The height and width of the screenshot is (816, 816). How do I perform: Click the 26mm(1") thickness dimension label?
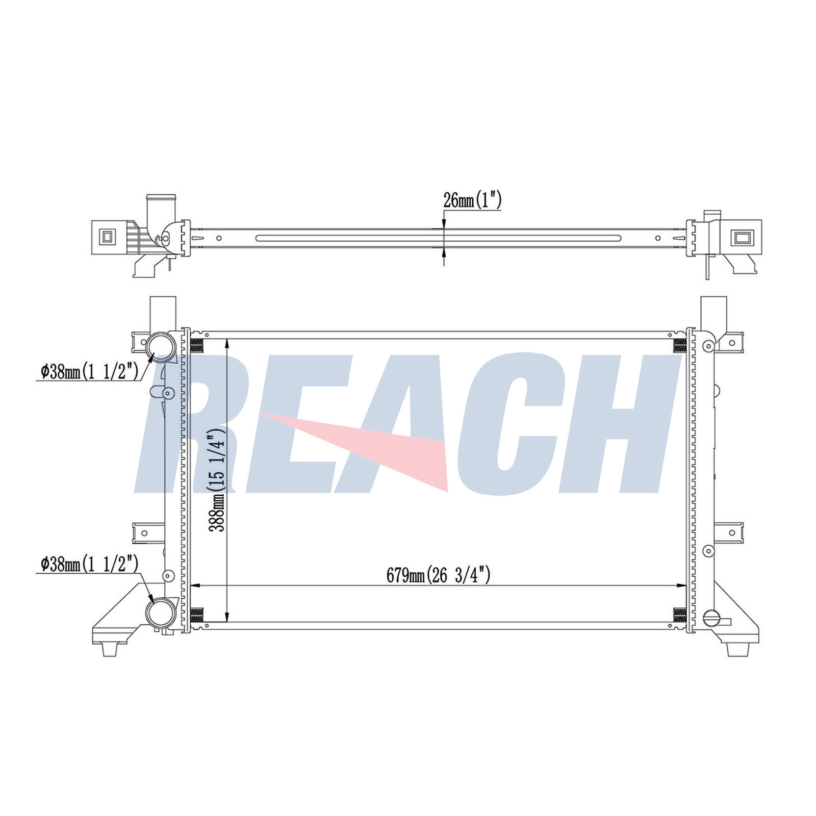472,200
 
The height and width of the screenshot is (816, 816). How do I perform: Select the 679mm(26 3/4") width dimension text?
438,575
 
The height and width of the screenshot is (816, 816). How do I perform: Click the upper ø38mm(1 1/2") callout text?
90,372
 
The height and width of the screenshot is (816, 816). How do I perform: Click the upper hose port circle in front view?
161,345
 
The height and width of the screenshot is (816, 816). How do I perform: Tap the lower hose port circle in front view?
161,613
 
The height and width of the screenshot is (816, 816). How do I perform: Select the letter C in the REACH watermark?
513,423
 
